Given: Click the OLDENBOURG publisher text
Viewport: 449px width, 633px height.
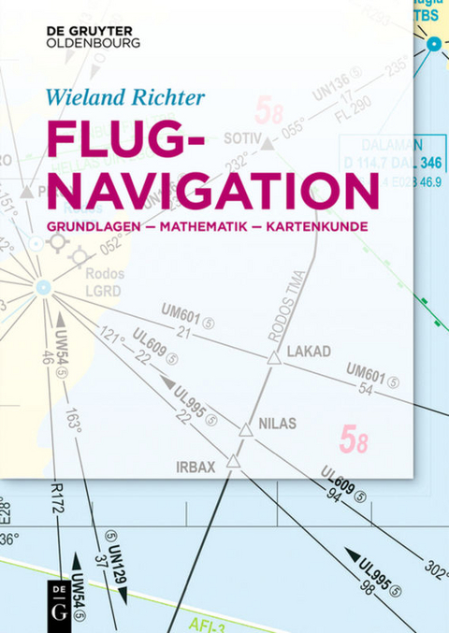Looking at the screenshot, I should (93, 42).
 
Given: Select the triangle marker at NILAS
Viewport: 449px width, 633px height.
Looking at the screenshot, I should (245, 430).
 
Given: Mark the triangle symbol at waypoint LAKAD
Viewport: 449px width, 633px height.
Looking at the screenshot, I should (274, 358).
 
